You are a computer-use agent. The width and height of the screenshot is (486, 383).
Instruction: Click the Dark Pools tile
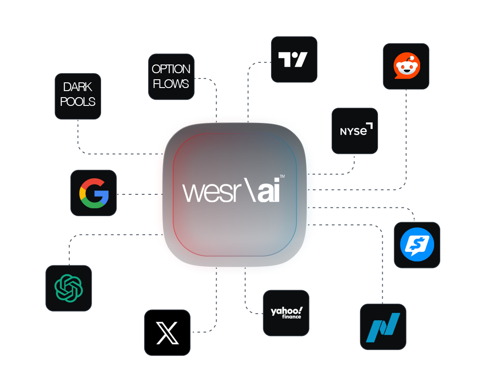tap(78, 95)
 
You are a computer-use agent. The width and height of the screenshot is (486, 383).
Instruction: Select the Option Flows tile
tap(171, 77)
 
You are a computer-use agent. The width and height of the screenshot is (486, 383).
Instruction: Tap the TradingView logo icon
tap(294, 59)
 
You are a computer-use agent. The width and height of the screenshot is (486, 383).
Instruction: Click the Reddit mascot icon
tap(406, 66)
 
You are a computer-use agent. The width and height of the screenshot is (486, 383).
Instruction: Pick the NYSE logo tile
tap(355, 130)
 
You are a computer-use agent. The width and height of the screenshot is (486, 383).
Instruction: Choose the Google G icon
tap(94, 193)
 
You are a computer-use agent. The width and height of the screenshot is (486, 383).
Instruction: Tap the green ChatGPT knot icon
tap(68, 288)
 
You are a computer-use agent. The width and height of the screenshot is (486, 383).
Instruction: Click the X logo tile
tap(167, 332)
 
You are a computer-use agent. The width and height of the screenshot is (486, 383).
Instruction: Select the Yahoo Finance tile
tap(286, 313)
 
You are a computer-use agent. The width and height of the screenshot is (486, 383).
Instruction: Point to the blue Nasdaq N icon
tap(383, 327)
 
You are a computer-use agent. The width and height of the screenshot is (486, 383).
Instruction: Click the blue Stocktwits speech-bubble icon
tap(417, 245)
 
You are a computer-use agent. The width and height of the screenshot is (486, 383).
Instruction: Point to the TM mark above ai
tap(282, 176)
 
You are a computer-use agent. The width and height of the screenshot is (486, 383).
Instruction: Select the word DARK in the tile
tap(78, 87)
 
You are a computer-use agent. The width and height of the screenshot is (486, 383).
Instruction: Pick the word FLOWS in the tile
tap(171, 84)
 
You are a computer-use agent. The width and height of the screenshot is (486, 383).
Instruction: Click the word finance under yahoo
tap(291, 317)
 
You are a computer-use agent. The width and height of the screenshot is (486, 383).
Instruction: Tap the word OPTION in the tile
tap(171, 69)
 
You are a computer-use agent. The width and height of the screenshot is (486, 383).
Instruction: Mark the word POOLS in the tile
tap(78, 102)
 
